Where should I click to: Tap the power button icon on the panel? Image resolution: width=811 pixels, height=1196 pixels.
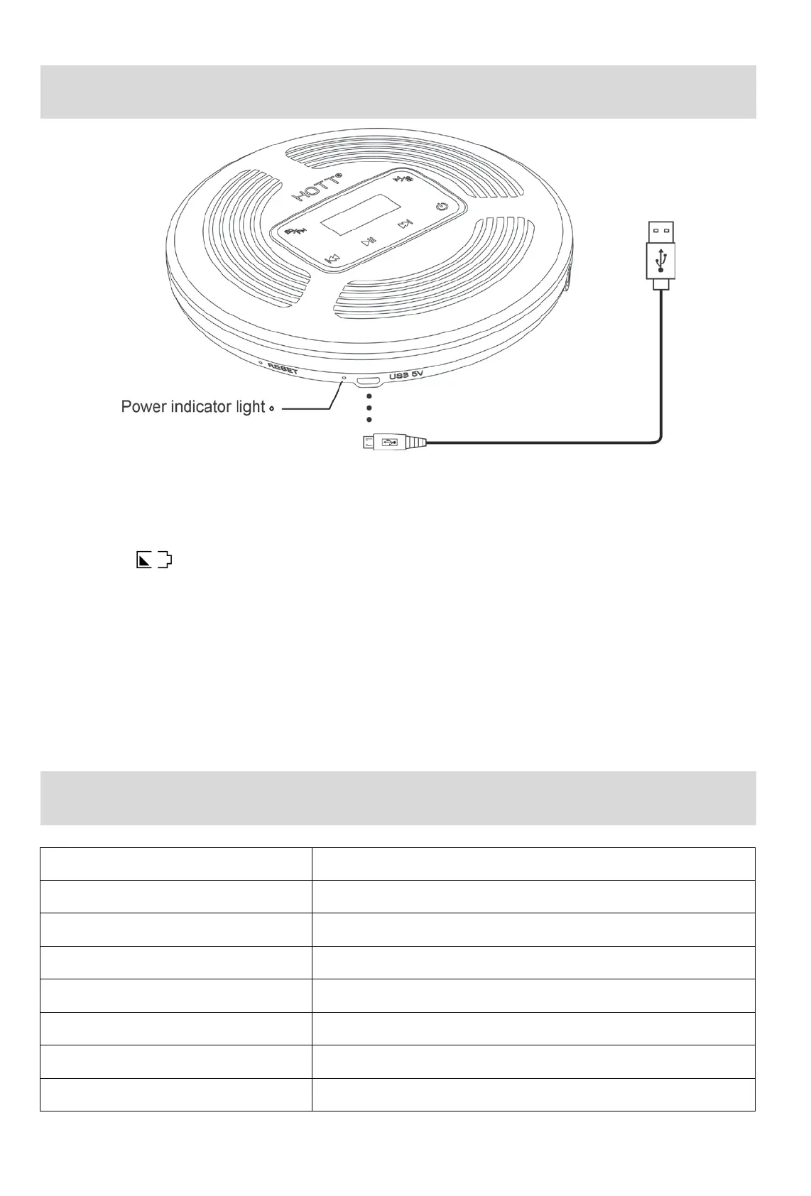pos(442,207)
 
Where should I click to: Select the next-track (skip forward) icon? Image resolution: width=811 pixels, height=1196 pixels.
pos(405,224)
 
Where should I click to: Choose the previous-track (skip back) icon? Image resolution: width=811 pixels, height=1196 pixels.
pos(332,259)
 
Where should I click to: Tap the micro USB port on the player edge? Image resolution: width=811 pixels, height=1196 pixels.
pos(368,381)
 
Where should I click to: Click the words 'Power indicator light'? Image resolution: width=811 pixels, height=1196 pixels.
pos(192,407)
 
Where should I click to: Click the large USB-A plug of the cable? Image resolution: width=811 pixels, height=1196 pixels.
pos(661,250)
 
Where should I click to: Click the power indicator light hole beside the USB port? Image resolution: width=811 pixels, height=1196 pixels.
pos(344,378)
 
